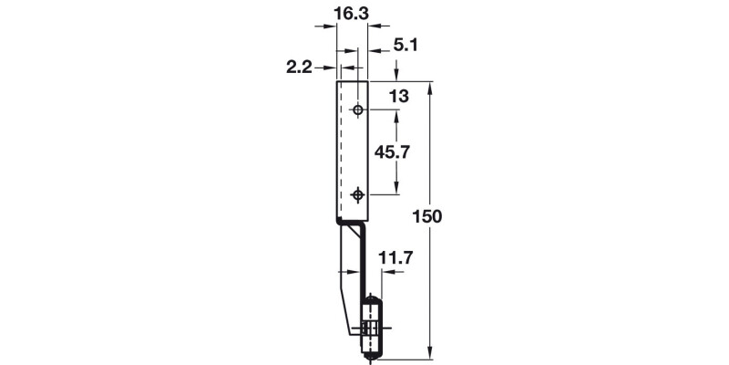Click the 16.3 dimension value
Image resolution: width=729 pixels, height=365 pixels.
pos(352,15)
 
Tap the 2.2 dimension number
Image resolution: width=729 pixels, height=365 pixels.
pos(300,68)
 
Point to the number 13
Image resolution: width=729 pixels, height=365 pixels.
pos(397,95)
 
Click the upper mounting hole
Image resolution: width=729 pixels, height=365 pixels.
pos(358,110)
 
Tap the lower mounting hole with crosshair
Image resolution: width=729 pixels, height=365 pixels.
pos(358,194)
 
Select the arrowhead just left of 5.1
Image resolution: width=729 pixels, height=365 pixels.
pos(373,44)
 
